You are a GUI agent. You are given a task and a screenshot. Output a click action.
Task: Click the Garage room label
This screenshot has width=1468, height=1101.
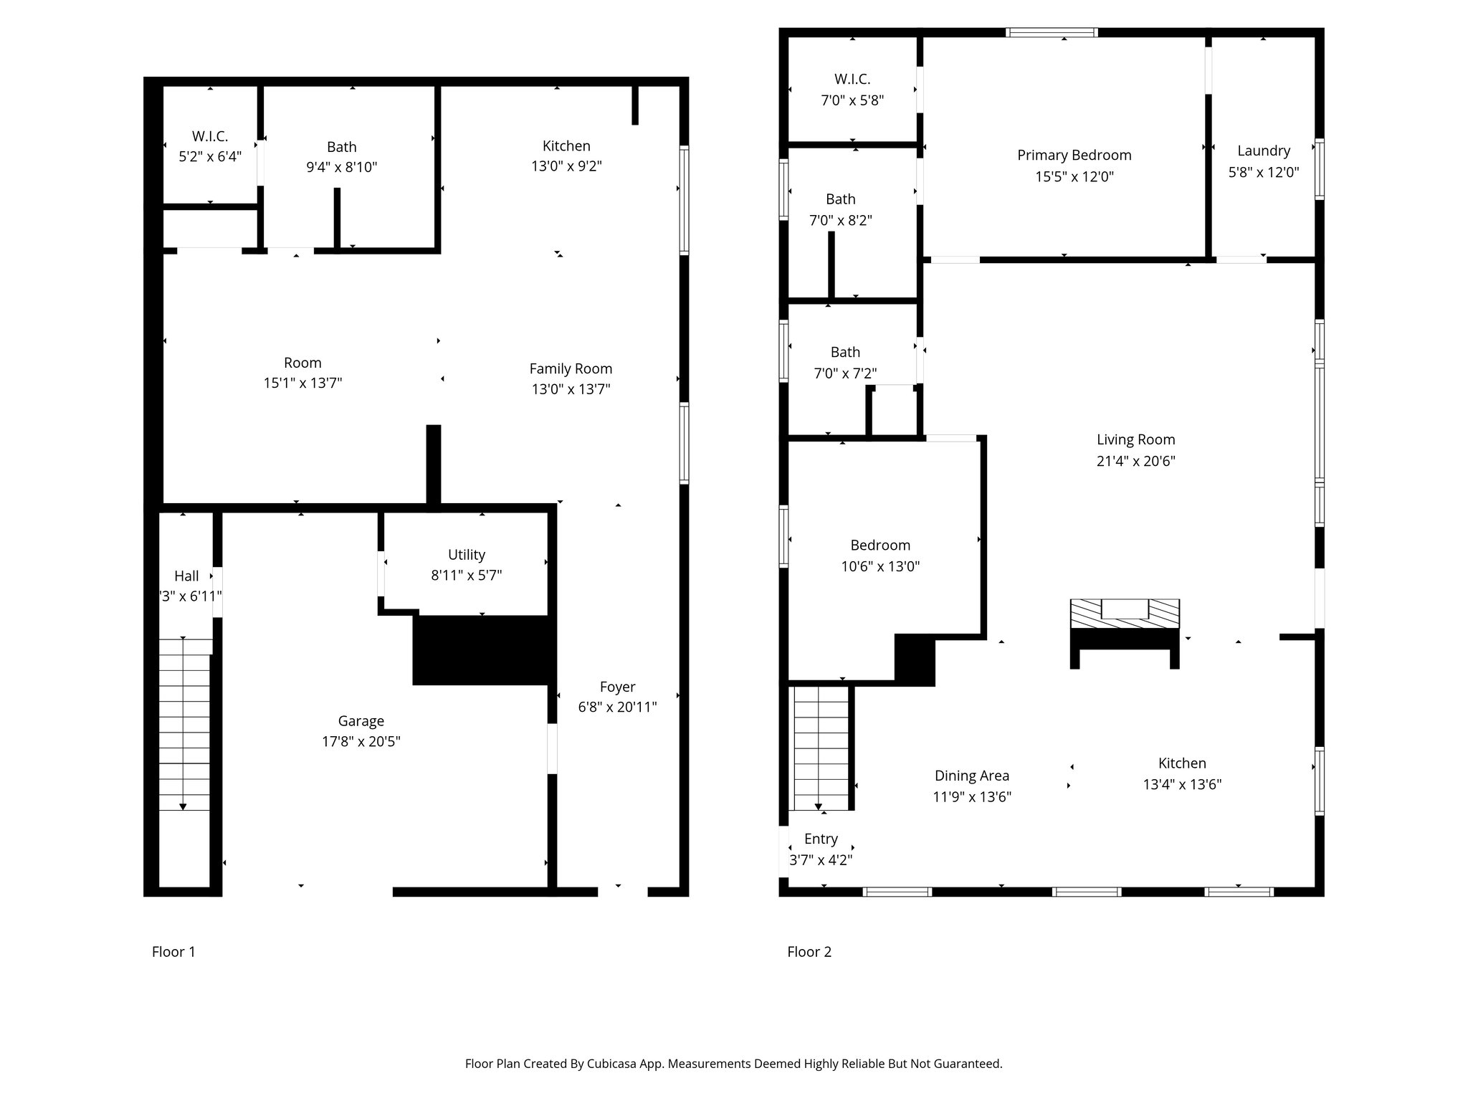point(361,721)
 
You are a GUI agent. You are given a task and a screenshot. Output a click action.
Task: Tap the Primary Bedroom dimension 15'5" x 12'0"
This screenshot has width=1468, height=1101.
point(1074,176)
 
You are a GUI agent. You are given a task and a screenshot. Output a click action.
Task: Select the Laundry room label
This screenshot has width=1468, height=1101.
point(1263,151)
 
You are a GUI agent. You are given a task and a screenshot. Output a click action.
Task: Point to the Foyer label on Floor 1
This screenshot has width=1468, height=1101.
point(617,687)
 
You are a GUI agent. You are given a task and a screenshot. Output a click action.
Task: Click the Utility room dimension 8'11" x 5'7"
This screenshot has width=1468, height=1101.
point(466,575)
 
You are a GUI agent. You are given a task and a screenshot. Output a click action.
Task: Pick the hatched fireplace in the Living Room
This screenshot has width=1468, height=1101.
point(1124,614)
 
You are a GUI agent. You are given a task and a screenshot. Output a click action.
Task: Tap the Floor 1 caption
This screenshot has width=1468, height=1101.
point(173,952)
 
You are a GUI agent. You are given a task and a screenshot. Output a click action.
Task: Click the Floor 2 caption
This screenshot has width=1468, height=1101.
point(809,952)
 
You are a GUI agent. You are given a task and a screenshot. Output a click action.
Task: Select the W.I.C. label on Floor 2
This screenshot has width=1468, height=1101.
point(852,80)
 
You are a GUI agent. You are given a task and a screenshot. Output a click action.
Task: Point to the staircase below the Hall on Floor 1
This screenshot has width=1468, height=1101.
point(184,724)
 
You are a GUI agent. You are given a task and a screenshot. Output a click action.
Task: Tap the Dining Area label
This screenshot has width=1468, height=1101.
point(971,776)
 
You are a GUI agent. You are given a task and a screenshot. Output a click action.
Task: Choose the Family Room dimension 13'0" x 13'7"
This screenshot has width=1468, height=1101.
point(571,389)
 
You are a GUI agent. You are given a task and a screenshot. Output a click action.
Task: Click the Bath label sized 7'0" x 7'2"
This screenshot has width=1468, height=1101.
point(845,352)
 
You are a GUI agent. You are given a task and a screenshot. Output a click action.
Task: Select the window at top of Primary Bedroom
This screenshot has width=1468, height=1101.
point(1052,32)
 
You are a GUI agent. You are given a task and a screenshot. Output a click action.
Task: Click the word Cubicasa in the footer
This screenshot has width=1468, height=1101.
point(613,1064)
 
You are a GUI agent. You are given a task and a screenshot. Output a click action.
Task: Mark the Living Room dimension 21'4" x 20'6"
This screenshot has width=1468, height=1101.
point(1135,461)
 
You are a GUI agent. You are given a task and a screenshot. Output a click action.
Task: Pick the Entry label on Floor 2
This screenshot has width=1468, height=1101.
point(821,839)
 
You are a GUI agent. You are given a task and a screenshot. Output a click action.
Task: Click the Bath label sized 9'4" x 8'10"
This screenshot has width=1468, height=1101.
point(341,147)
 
